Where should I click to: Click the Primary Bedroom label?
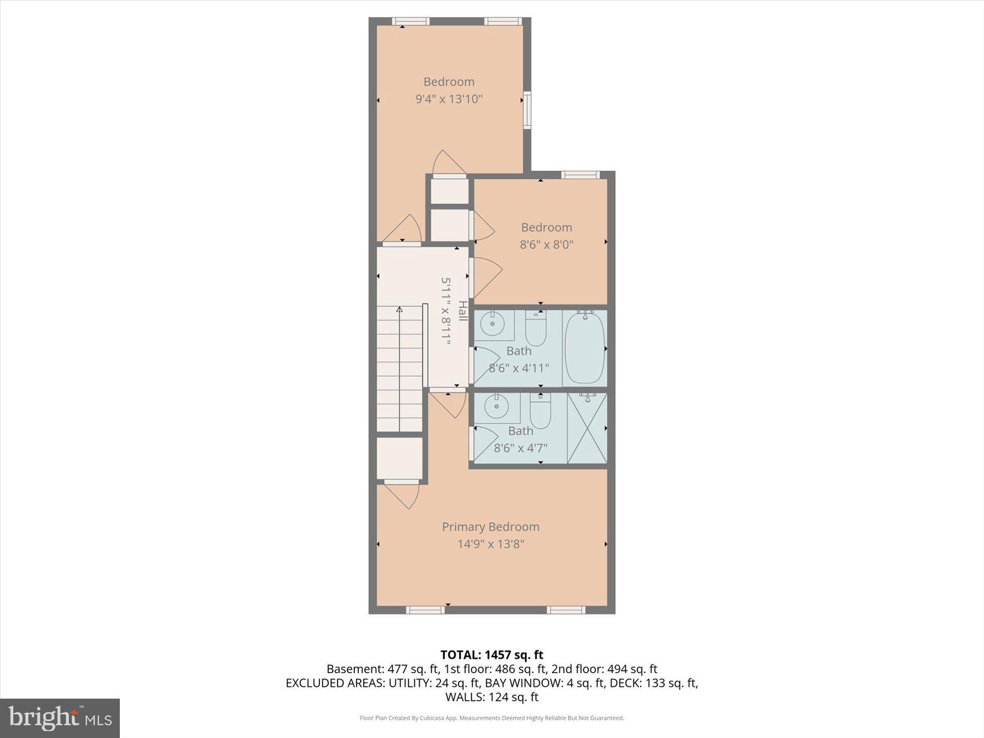pos(490,527)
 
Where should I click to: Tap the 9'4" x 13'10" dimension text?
pos(449,99)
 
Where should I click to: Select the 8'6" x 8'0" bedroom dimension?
pos(546,244)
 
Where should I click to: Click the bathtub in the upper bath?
pos(585,347)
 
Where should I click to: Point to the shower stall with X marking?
pos(587,428)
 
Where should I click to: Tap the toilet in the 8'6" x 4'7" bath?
pos(540,412)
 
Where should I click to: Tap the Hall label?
pos(462,311)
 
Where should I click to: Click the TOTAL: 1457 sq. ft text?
pos(491,655)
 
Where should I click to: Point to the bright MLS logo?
pos(60,718)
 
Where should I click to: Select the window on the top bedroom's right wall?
pos(527,109)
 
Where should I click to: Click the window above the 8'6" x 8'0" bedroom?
pos(579,175)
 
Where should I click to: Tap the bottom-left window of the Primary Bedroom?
pos(425,610)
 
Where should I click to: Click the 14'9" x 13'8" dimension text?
pos(490,544)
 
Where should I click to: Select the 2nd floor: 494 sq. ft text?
pos(604,669)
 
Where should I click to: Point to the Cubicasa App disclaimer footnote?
pos(491,718)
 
